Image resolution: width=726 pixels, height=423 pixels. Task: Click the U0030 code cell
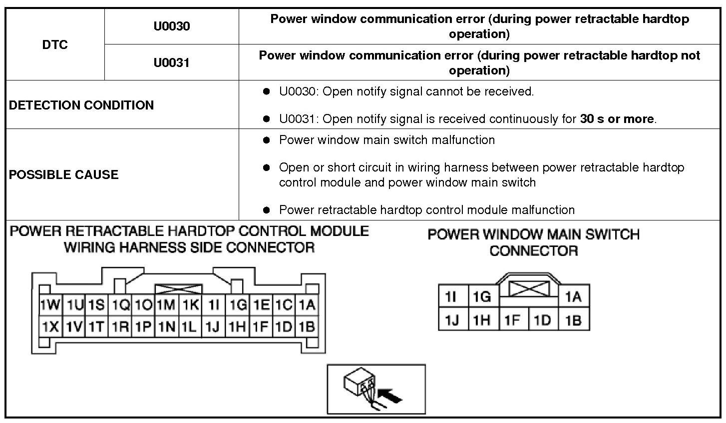pyautogui.click(x=172, y=26)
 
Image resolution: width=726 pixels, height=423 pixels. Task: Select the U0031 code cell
pyautogui.click(x=172, y=62)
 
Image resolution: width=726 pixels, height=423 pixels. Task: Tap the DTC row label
pyautogui.click(x=55, y=44)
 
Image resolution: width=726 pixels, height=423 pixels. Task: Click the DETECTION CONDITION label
pyautogui.click(x=81, y=105)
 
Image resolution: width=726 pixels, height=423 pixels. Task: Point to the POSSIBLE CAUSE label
pyautogui.click(x=64, y=174)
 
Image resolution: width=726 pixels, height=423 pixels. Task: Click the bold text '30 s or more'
pyautogui.click(x=617, y=119)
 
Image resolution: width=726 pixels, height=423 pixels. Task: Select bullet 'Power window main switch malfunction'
pyautogui.click(x=387, y=140)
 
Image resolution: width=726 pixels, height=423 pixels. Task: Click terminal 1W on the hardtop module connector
pyautogui.click(x=50, y=304)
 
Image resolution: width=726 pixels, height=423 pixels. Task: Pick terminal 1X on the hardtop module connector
pyautogui.click(x=50, y=327)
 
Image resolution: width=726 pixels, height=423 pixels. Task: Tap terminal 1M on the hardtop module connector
pyautogui.click(x=166, y=304)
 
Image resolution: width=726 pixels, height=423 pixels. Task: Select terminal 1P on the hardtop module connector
pyautogui.click(x=143, y=327)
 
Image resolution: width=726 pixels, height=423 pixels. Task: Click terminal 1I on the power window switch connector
pyautogui.click(x=452, y=297)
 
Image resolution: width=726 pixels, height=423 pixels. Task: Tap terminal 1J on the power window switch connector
pyautogui.click(x=452, y=319)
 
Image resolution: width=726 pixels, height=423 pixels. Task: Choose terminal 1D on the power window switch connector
pyautogui.click(x=542, y=319)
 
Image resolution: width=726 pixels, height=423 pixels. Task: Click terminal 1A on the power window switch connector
pyautogui.click(x=573, y=297)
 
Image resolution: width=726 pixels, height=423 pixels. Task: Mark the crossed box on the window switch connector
pyautogui.click(x=529, y=288)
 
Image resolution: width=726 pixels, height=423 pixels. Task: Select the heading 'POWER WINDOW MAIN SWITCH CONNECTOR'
pyautogui.click(x=533, y=242)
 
